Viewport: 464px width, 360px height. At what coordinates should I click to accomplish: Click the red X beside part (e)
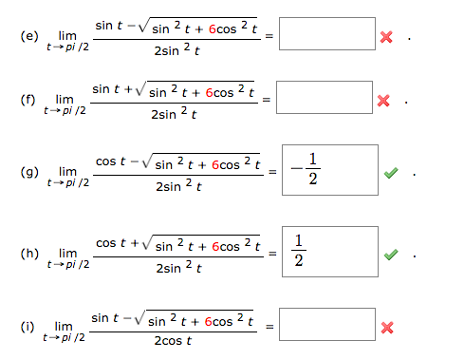[385, 37]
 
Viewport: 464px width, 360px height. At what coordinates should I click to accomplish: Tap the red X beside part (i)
[385, 329]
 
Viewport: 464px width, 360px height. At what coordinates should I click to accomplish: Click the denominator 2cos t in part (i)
[176, 340]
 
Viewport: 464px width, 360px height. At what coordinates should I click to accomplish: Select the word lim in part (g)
[68, 171]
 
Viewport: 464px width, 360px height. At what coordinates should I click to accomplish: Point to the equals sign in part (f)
[269, 99]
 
